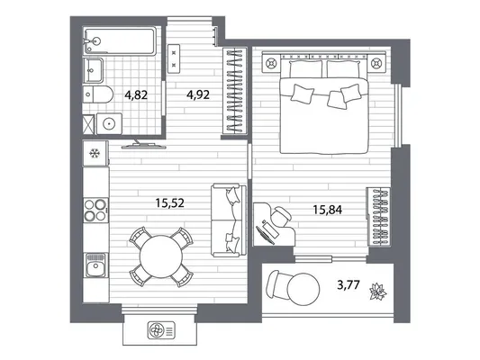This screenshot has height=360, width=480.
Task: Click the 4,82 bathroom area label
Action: pyautogui.click(x=136, y=95)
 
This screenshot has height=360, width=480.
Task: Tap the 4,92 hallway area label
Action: pyautogui.click(x=198, y=94)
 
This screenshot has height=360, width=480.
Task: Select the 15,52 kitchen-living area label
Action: pyautogui.click(x=170, y=202)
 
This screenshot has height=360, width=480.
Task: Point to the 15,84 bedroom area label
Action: pyautogui.click(x=327, y=210)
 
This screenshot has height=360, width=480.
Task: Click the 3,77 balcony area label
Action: pyautogui.click(x=348, y=285)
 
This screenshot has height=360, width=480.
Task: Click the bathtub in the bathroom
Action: pyautogui.click(x=120, y=41)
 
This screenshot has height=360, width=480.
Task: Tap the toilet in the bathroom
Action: pyautogui.click(x=98, y=94)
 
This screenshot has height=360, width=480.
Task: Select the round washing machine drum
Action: pyautogui.click(x=109, y=123)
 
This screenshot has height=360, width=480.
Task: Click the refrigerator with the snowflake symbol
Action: pyautogui.click(x=95, y=153)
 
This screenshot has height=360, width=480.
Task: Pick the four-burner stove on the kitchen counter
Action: pyautogui.click(x=96, y=210)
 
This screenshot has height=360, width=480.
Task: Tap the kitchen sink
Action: pyautogui.click(x=96, y=265)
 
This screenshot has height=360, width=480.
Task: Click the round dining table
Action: pyautogui.click(x=161, y=256)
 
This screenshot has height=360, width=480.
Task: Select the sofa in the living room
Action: pyautogui.click(x=229, y=220)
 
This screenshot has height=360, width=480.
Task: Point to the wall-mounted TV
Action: pyautogui.click(x=143, y=146)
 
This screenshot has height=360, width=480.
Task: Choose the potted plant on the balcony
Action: pyautogui.click(x=378, y=292)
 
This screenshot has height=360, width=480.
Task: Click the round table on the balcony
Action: pyautogui.click(x=303, y=289)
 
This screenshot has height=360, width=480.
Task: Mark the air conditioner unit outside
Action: pyautogui.click(x=161, y=330)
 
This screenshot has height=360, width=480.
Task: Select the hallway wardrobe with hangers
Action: pyautogui.click(x=235, y=91)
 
